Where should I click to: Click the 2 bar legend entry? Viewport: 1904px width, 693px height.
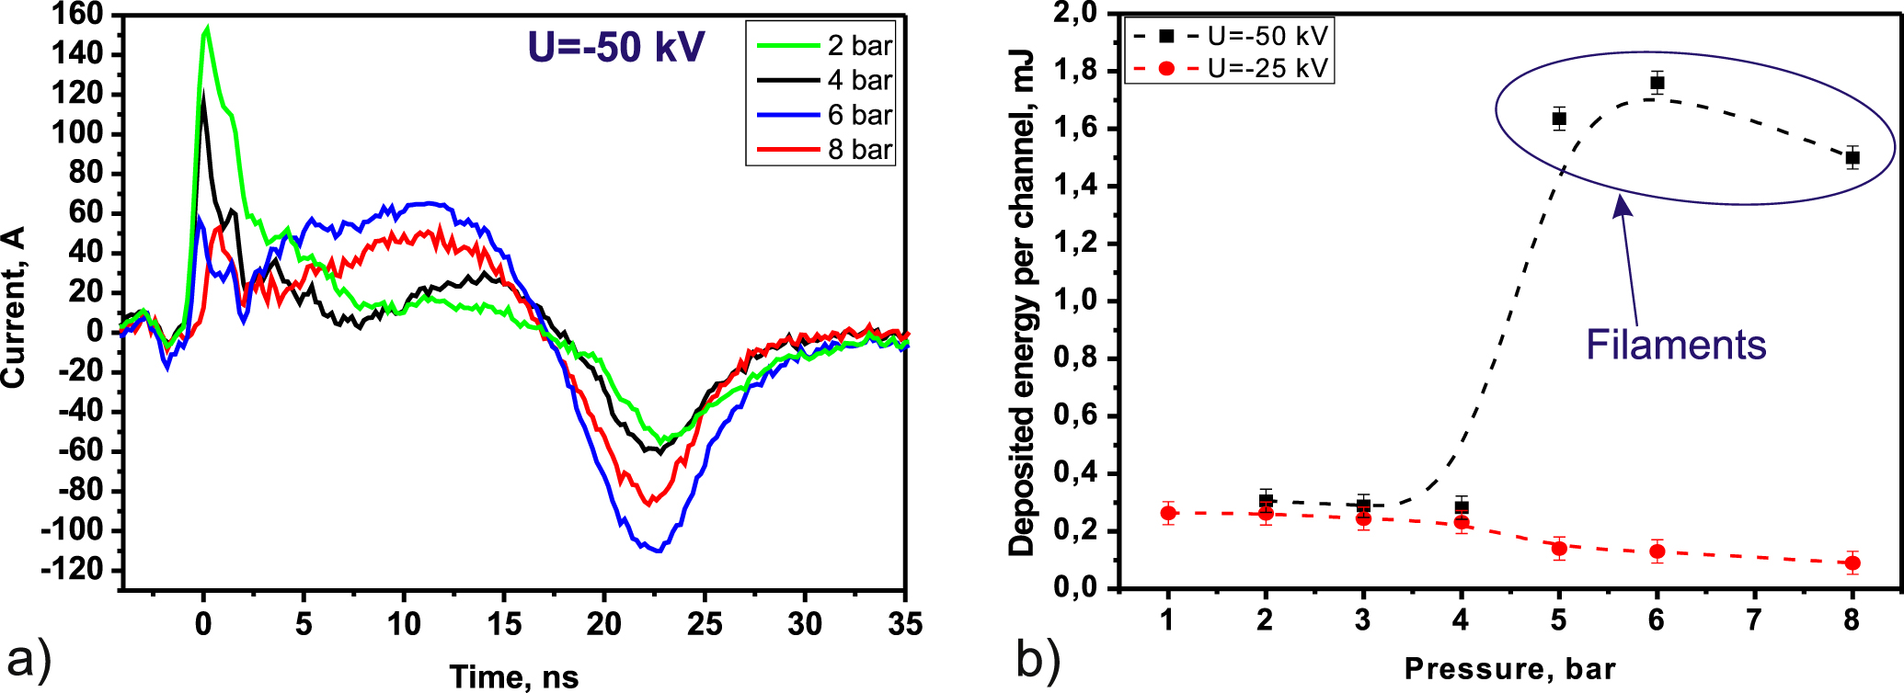click(x=859, y=46)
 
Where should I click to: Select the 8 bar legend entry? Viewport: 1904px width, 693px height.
click(x=859, y=149)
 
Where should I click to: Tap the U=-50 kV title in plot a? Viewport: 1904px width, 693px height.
click(x=615, y=47)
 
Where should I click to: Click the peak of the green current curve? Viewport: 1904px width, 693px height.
click(x=208, y=28)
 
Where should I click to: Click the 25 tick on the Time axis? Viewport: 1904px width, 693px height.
click(x=704, y=625)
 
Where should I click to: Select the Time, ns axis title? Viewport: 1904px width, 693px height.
click(x=514, y=677)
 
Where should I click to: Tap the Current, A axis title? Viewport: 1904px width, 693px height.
click(x=14, y=308)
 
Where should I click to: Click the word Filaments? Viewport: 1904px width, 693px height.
click(x=1676, y=345)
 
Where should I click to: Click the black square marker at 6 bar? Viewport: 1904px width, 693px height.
click(x=1657, y=83)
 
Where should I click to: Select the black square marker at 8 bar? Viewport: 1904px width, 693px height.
click(x=1852, y=157)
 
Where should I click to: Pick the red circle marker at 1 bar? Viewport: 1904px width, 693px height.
click(x=1168, y=513)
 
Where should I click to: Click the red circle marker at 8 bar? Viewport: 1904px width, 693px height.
click(x=1852, y=562)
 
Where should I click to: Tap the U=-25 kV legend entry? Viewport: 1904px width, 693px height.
click(x=1267, y=68)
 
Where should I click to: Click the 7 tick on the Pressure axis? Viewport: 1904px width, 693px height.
click(x=1754, y=621)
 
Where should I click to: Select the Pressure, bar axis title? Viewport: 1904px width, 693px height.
click(x=1509, y=669)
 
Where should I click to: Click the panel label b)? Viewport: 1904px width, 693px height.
click(x=1038, y=659)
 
